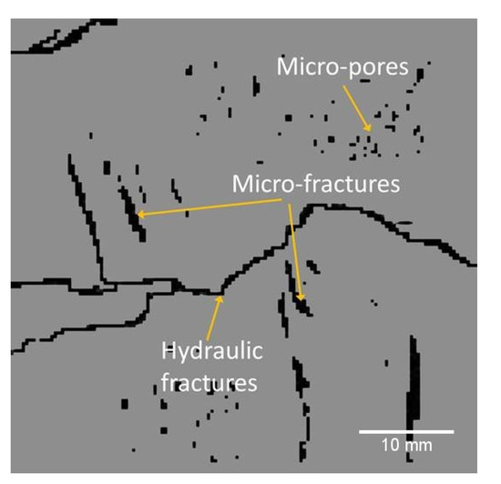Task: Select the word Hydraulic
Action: click(208, 350)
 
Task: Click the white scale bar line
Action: click(406, 430)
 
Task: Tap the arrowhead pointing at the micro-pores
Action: click(368, 130)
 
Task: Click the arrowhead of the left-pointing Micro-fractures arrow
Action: click(138, 216)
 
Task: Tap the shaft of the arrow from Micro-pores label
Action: click(355, 104)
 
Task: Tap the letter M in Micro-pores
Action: click(286, 66)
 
